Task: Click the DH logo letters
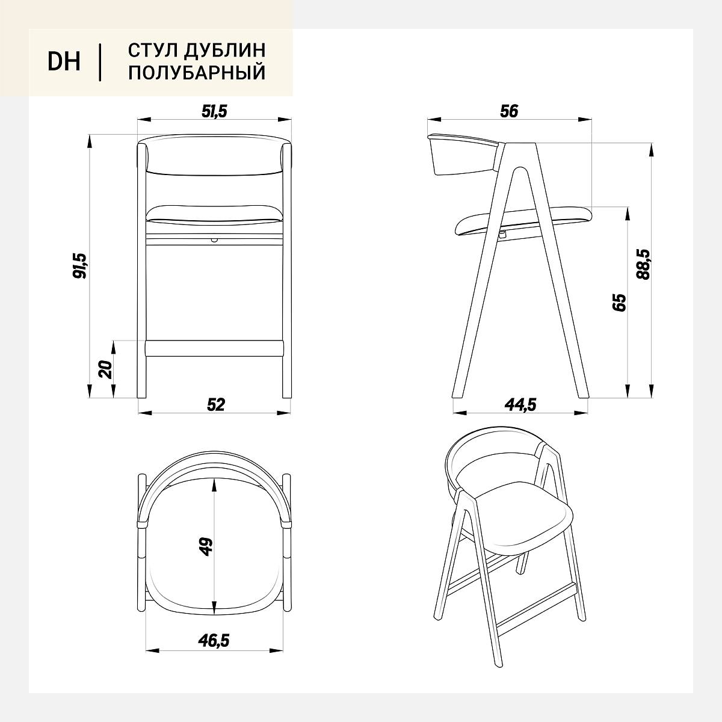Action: click(x=64, y=61)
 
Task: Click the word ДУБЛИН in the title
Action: click(x=225, y=50)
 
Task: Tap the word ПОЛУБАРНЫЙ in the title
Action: click(x=197, y=72)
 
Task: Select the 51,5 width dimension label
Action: click(x=214, y=111)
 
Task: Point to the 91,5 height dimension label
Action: click(x=80, y=266)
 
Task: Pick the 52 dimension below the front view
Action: click(x=216, y=405)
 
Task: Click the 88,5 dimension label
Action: click(x=644, y=265)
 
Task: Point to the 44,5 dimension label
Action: click(x=521, y=405)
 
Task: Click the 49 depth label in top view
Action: click(x=206, y=547)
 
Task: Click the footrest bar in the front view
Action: click(x=214, y=348)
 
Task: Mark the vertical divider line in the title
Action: click(x=100, y=62)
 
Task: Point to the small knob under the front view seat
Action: click(x=214, y=240)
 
